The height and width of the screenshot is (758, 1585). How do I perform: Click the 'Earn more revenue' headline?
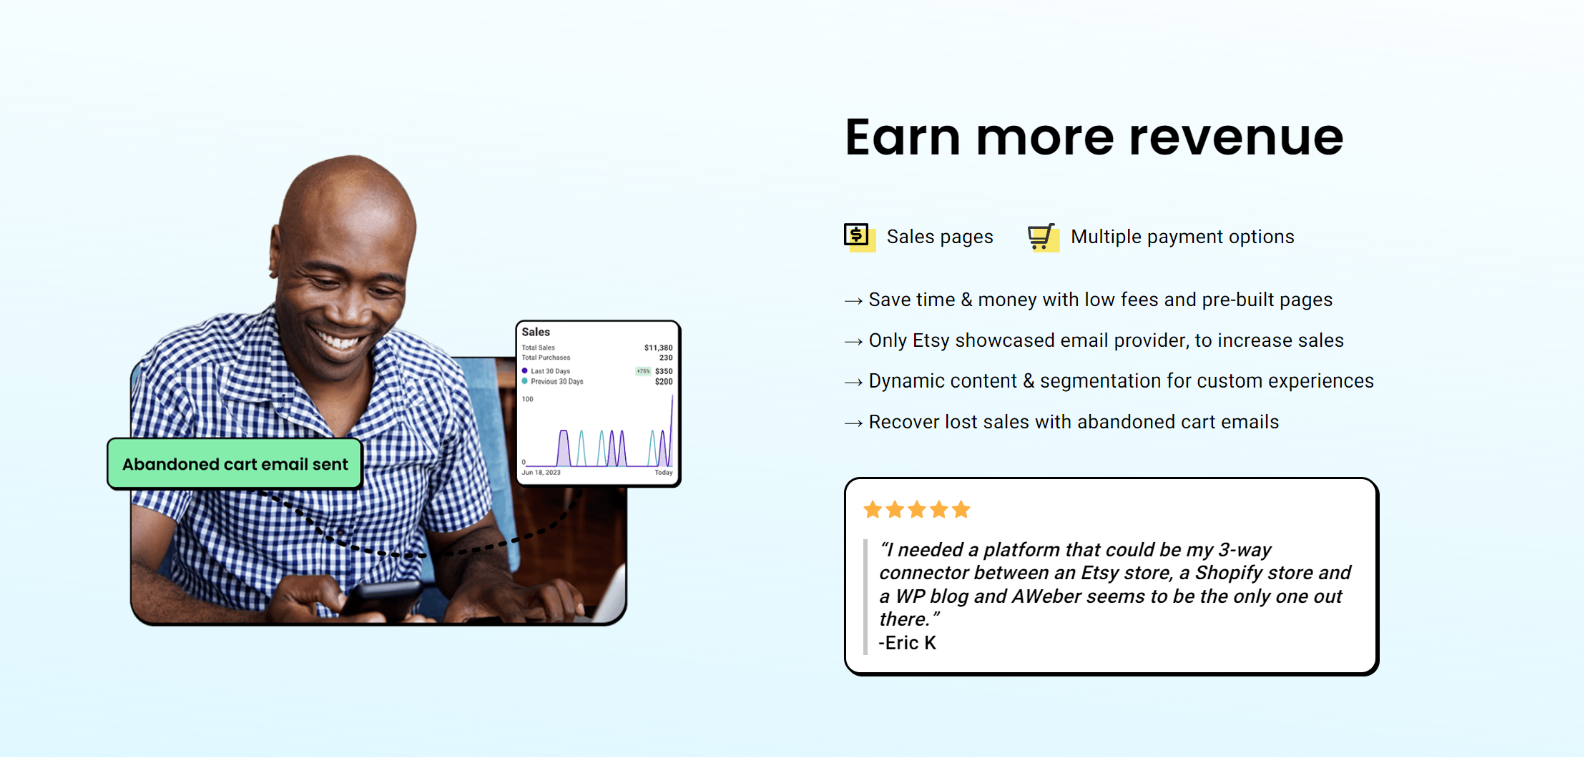tap(1094, 137)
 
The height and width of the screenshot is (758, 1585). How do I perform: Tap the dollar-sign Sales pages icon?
tap(859, 237)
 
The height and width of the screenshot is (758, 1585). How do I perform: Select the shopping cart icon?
tap(1043, 237)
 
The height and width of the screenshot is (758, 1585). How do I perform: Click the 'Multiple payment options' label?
tap(1182, 237)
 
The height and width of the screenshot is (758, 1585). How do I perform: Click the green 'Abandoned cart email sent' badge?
tap(235, 463)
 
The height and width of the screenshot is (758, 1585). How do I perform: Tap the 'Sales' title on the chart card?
tap(536, 332)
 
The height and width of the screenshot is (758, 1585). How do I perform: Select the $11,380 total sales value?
tap(658, 348)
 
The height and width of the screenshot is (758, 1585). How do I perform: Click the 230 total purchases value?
tap(666, 358)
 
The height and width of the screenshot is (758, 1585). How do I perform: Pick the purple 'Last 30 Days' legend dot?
tap(524, 371)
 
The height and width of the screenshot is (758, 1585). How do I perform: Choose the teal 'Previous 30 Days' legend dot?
tap(524, 381)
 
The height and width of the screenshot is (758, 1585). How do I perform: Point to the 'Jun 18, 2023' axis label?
tap(541, 473)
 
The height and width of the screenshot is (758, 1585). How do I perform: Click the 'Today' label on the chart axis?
tap(664, 473)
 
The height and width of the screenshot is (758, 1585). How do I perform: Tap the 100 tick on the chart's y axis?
tap(528, 399)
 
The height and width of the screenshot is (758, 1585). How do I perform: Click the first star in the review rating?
tap(873, 509)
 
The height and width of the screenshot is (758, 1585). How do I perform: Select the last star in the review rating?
tap(961, 509)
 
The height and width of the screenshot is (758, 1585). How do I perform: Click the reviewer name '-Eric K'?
tap(907, 643)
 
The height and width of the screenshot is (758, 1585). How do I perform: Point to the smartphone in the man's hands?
tap(379, 599)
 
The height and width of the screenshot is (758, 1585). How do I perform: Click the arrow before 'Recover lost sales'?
tap(853, 423)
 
